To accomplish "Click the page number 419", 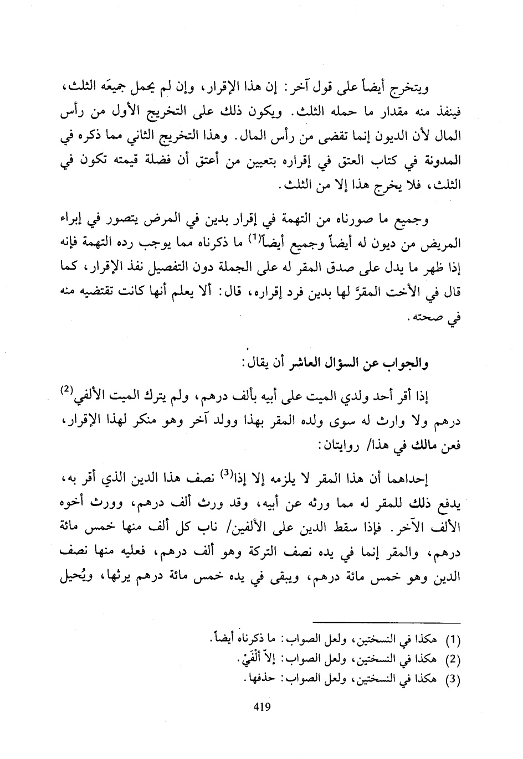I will pos(261,706).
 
